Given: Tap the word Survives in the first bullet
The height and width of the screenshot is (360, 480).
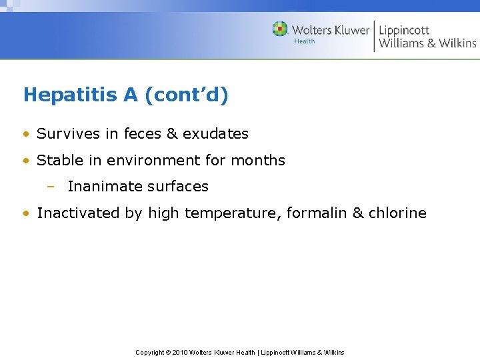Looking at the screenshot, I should point(65,134).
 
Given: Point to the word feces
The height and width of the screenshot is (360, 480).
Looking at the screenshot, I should point(143,134).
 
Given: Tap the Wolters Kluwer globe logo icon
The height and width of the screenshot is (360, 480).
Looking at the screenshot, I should point(281,29).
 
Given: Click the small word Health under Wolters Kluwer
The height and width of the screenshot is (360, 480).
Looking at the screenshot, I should point(304,41).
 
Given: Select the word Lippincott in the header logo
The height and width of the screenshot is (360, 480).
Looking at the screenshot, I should point(404,31).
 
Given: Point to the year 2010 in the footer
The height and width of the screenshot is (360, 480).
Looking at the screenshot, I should point(181,352).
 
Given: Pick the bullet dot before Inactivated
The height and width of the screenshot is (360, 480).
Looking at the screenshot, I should point(25,214).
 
